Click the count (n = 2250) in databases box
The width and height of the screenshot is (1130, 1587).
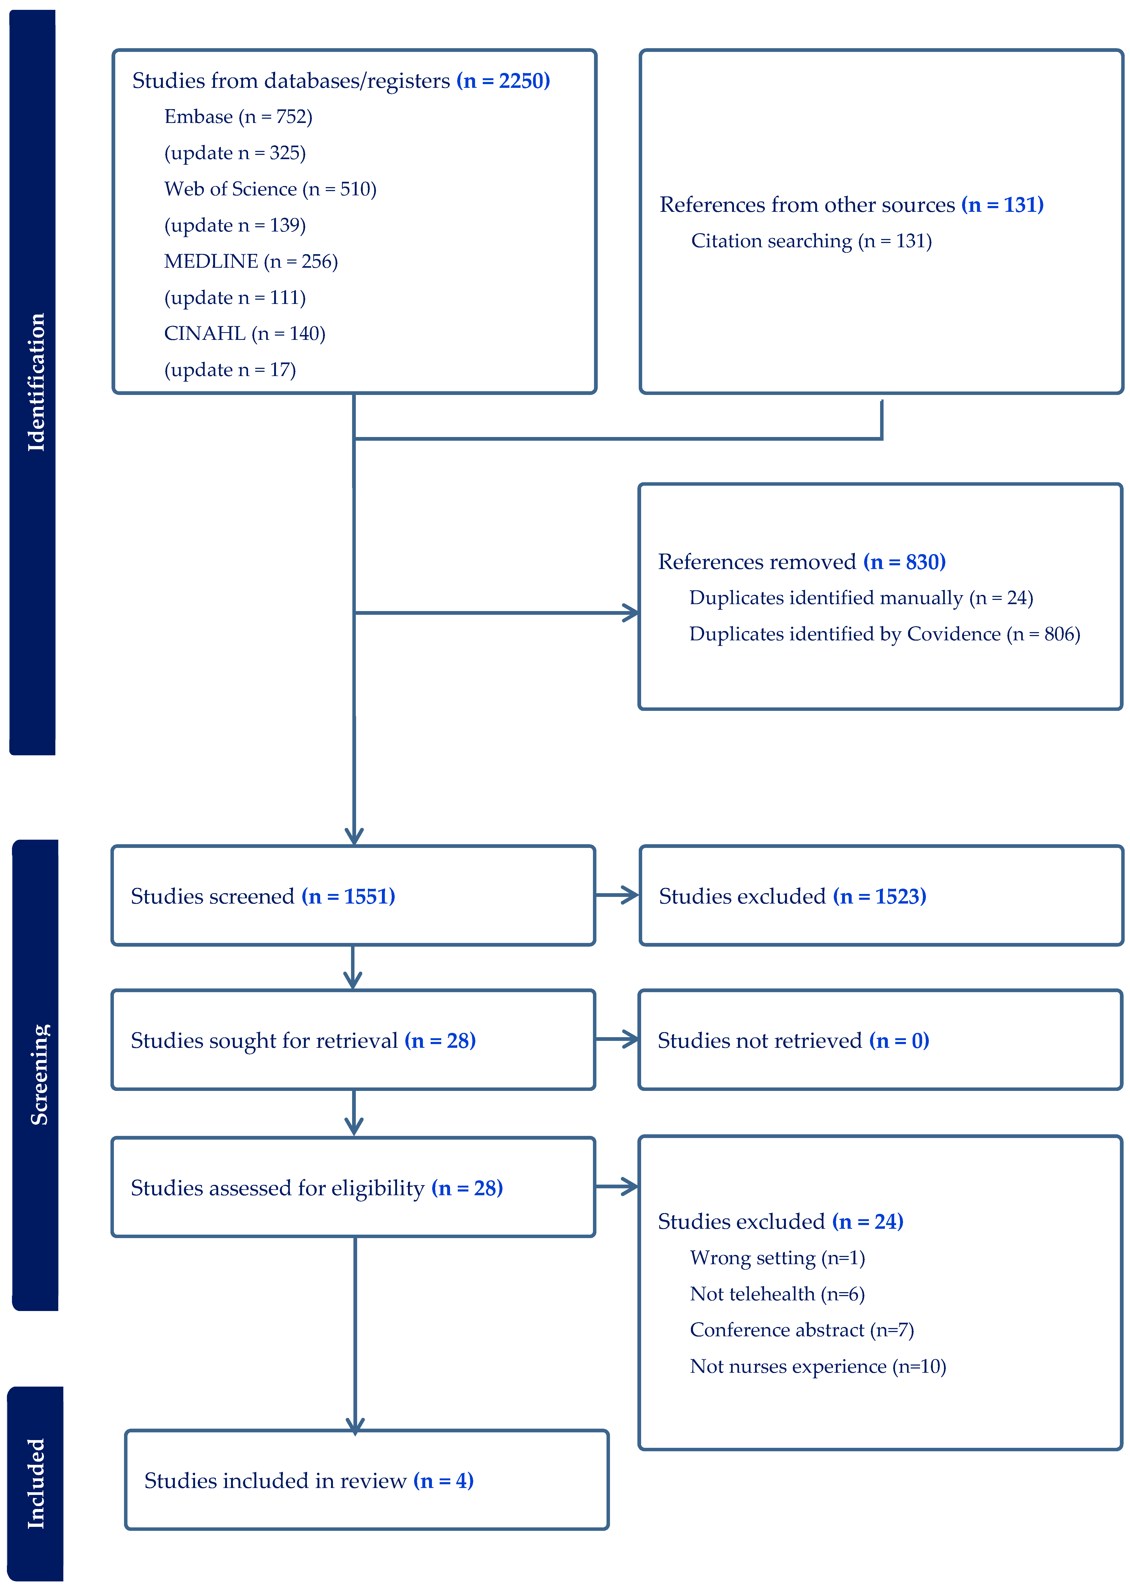pyautogui.click(x=503, y=81)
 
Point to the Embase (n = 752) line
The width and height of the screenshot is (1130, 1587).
pyautogui.click(x=238, y=117)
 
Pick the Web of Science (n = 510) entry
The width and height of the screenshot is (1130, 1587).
pyautogui.click(x=270, y=189)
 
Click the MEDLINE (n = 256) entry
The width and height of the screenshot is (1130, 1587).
pyautogui.click(x=250, y=262)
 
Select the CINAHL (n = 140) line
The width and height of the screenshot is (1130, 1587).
pyautogui.click(x=244, y=334)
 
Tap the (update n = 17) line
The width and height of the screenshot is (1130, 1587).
pyautogui.click(x=230, y=370)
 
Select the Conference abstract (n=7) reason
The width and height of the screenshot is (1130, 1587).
pyautogui.click(x=802, y=1330)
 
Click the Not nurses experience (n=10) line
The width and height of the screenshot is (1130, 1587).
pyautogui.click(x=818, y=1366)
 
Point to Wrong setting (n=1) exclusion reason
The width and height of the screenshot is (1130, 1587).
pyautogui.click(x=777, y=1258)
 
